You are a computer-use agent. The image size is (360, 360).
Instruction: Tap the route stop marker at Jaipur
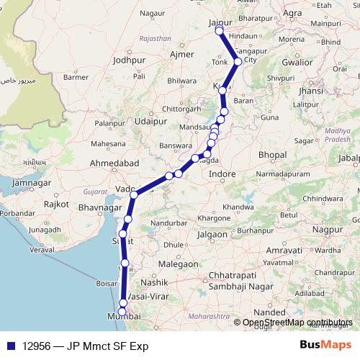(219, 31)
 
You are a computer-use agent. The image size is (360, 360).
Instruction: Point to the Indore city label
(222, 174)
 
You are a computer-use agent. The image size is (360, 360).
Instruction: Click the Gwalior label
(298, 63)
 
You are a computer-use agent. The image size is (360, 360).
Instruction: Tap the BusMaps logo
(325, 346)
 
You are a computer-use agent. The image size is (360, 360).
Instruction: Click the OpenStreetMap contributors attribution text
(297, 323)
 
